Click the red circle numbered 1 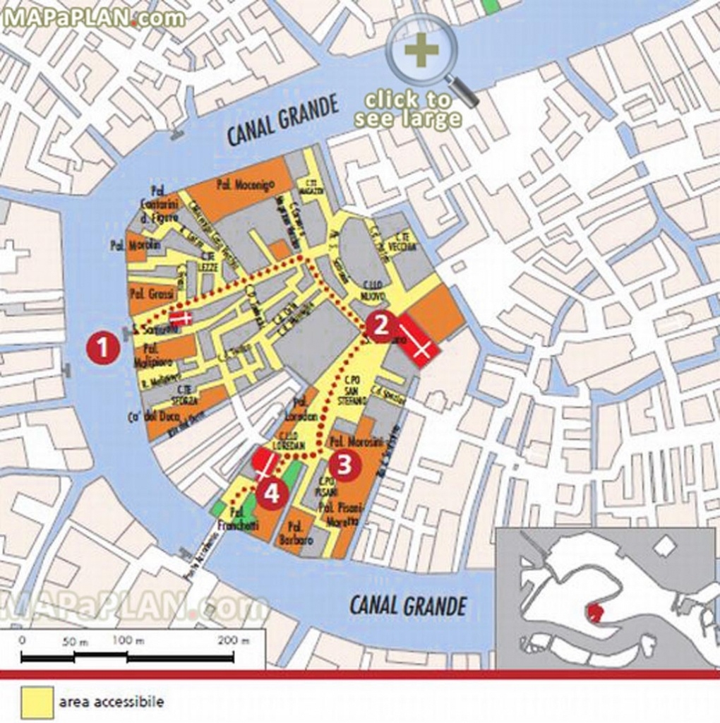[x=103, y=348]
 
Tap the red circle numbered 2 [x=381, y=326]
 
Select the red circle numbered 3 [x=344, y=465]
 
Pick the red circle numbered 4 [x=272, y=493]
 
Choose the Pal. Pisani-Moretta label [x=340, y=515]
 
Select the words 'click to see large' [x=407, y=109]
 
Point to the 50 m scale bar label [x=72, y=640]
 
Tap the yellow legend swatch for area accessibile [x=36, y=702]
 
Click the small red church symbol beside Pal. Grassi [x=181, y=318]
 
